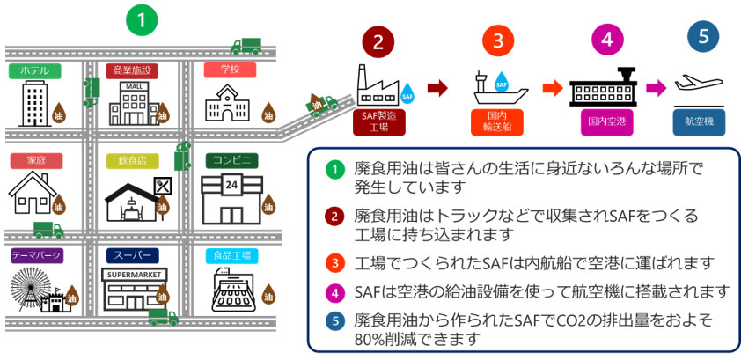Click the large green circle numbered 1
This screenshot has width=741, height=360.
tap(141, 19)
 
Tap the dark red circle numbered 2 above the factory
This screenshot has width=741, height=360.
tap(378, 41)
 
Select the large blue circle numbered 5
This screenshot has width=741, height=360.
tap(701, 37)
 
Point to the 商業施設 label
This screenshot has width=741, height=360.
tap(133, 70)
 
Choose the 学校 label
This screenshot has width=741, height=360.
tap(229, 70)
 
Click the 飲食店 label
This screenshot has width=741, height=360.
tap(132, 160)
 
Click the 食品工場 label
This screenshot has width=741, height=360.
tap(231, 255)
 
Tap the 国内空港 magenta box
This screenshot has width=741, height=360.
tap(605, 121)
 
